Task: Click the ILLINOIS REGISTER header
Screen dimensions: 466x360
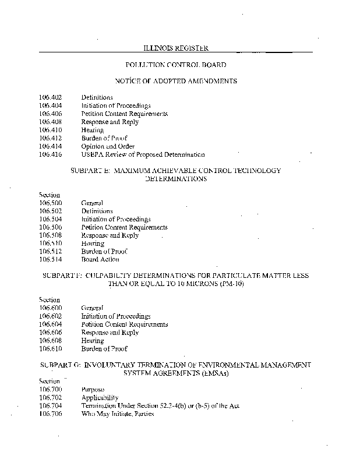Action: pos(175,48)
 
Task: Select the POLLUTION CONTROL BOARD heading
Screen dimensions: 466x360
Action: pos(175,65)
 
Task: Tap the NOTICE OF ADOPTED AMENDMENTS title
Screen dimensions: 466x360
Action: pos(175,81)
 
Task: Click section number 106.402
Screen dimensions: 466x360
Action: pos(51,97)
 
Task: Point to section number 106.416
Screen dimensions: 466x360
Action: pos(51,154)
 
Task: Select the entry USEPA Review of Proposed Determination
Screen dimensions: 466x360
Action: pos(143,154)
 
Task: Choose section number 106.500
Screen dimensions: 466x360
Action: pos(51,203)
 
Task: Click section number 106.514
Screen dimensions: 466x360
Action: pos(51,259)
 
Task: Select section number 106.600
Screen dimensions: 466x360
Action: pos(51,308)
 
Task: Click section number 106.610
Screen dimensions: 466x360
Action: pos(51,348)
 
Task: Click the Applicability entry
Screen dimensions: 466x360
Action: pos(100,397)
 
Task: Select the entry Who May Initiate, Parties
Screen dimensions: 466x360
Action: pos(117,414)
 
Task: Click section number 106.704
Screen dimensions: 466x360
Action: pos(51,405)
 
